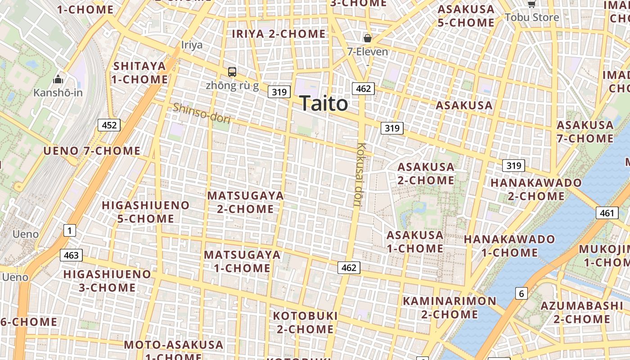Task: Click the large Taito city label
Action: [x=324, y=103]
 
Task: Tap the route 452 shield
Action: [x=109, y=125]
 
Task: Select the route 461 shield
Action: [x=607, y=213]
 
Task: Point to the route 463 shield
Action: [x=71, y=256]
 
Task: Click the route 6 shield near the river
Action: [x=521, y=294]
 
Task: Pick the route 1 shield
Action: [x=69, y=231]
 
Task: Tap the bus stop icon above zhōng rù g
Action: [x=232, y=72]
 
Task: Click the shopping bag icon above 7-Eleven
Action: [x=368, y=38]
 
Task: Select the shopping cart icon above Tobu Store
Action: [x=531, y=4]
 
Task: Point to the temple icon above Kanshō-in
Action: [x=58, y=80]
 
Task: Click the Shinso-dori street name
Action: [x=202, y=113]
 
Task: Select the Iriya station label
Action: [x=192, y=45]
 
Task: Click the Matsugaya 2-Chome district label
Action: [x=245, y=202]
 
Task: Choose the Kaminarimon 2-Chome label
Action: [x=449, y=307]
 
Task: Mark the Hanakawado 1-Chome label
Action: [x=509, y=246]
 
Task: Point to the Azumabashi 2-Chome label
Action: [x=581, y=312]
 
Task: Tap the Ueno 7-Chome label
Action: [x=92, y=151]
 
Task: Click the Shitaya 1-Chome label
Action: [x=140, y=73]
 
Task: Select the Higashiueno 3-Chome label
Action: [x=107, y=280]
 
